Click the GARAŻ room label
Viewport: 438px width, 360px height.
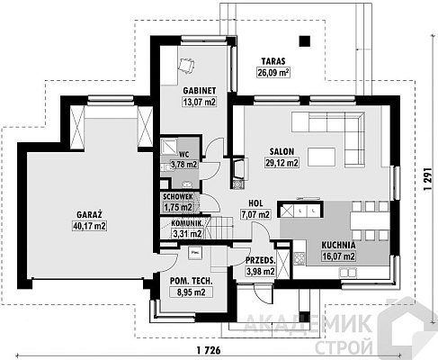(x=89, y=214)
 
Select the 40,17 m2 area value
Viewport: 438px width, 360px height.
(x=89, y=226)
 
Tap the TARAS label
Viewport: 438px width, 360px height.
(x=273, y=61)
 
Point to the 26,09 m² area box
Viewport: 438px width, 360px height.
(x=273, y=73)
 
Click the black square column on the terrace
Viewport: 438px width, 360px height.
(x=305, y=41)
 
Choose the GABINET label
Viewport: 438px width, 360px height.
(x=200, y=91)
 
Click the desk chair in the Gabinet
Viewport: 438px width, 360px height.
(x=186, y=65)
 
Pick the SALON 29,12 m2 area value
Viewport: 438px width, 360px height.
(x=282, y=163)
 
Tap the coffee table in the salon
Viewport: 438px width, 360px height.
(x=321, y=157)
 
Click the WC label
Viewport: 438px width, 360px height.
(x=184, y=155)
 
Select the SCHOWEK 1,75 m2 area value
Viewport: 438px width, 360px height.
(x=178, y=207)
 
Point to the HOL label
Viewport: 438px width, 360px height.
(x=255, y=203)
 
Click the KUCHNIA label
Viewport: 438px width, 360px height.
(x=338, y=245)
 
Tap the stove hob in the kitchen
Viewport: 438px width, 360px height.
(x=299, y=258)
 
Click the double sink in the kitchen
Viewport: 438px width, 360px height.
(x=348, y=273)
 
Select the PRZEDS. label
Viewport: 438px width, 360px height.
(x=261, y=260)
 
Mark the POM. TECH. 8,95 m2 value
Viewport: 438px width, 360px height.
(x=192, y=292)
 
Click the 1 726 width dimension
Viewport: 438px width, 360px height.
(x=209, y=350)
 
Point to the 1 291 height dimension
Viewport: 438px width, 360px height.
(x=428, y=178)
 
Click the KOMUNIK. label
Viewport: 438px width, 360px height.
(x=188, y=223)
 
